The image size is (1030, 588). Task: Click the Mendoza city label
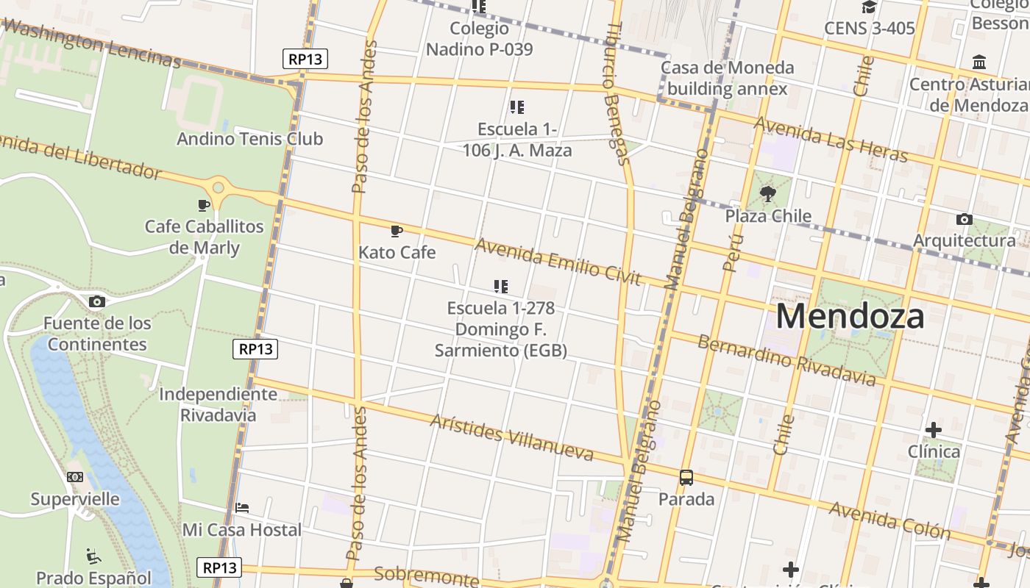click(850, 316)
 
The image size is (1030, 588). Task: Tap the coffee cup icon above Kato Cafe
click(397, 232)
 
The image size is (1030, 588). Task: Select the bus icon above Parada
click(686, 478)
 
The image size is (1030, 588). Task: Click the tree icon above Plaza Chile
click(768, 194)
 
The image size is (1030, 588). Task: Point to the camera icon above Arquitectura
click(964, 219)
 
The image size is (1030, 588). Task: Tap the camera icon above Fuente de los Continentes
click(96, 301)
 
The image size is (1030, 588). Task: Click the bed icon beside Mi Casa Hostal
click(242, 507)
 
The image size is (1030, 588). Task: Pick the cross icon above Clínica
click(934, 429)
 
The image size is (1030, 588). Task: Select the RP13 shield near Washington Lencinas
click(305, 59)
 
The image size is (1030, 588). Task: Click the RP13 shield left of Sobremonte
click(219, 567)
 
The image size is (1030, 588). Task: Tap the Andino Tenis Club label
click(249, 138)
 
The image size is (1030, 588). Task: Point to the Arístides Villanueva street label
click(511, 437)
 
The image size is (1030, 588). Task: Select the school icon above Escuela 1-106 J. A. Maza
click(517, 107)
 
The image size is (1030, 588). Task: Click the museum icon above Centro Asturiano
click(979, 62)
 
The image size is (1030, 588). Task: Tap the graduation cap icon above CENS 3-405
click(869, 7)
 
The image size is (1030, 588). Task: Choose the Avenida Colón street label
click(889, 520)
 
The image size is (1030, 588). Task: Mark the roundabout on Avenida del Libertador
click(219, 188)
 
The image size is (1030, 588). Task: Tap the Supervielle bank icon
click(75, 477)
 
